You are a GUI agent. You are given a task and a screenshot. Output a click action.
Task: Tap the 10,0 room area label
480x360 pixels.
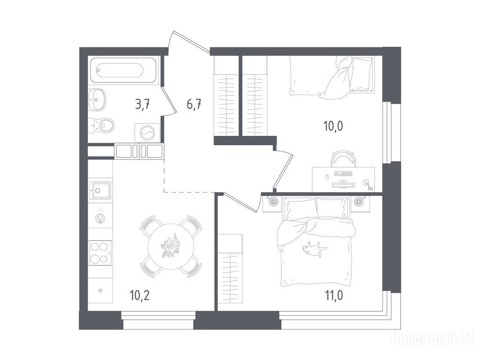(x=333, y=126)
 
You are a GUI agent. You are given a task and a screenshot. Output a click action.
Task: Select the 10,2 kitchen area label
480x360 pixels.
(x=140, y=296)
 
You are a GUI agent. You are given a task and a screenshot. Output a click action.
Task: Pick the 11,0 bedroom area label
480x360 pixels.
(x=333, y=296)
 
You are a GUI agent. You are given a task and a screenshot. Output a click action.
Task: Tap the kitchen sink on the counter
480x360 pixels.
(x=100, y=190)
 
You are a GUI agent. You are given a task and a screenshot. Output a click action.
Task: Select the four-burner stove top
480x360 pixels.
(x=100, y=253)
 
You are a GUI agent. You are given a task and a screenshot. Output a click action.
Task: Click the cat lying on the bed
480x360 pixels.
(x=313, y=247)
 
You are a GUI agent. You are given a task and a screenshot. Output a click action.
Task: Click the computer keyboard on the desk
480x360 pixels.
(x=344, y=174)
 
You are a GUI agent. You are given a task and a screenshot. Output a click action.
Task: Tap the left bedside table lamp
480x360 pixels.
(x=273, y=202)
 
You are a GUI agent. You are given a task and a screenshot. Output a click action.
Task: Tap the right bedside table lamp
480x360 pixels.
(x=358, y=202)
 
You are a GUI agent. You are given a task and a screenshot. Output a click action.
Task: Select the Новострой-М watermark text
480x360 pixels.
(x=433, y=339)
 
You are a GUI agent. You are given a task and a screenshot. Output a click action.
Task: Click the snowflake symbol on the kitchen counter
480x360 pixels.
(x=100, y=291)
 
